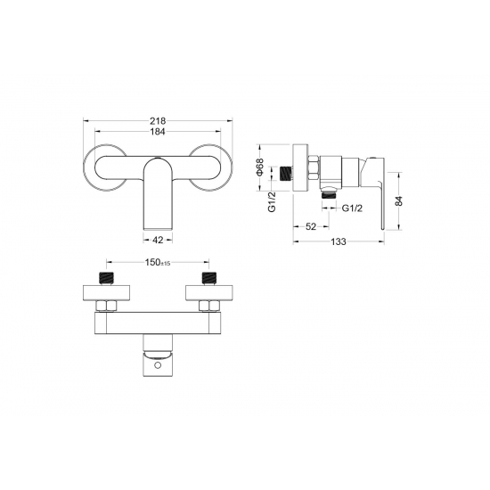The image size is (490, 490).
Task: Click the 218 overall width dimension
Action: (x=158, y=120)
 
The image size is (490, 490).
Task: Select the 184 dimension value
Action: (x=158, y=132)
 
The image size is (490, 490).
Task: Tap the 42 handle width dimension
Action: (x=158, y=240)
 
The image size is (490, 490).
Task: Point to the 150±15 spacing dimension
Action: (x=158, y=262)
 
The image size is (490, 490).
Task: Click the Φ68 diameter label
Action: (x=260, y=167)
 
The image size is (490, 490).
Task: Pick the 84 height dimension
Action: (x=399, y=200)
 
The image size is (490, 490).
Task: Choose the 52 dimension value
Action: (x=311, y=226)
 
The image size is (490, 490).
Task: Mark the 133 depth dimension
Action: (x=339, y=241)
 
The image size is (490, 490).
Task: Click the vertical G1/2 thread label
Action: (x=273, y=202)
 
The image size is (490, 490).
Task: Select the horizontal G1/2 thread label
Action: (x=352, y=208)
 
